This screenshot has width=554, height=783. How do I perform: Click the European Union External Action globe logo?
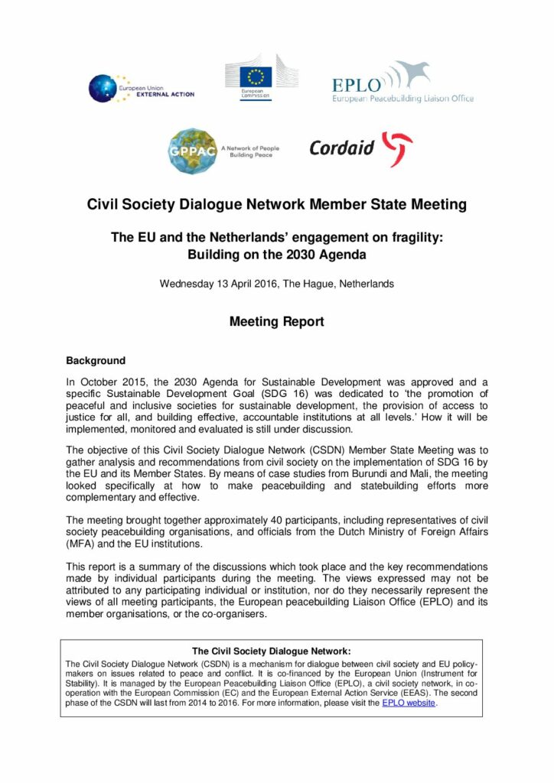(x=102, y=88)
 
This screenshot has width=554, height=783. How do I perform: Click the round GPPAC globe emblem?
(x=191, y=149)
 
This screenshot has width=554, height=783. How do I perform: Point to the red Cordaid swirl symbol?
(x=396, y=148)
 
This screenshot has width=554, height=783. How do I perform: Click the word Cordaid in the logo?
(x=342, y=148)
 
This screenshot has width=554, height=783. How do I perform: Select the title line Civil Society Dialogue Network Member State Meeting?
(x=276, y=204)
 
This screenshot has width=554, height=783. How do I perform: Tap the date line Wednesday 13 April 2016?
(x=276, y=284)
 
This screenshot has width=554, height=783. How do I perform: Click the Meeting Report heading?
(x=276, y=322)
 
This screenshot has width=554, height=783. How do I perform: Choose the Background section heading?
(x=96, y=359)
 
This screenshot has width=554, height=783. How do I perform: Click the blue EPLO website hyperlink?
(x=409, y=703)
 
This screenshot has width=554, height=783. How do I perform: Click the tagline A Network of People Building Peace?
(x=249, y=151)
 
